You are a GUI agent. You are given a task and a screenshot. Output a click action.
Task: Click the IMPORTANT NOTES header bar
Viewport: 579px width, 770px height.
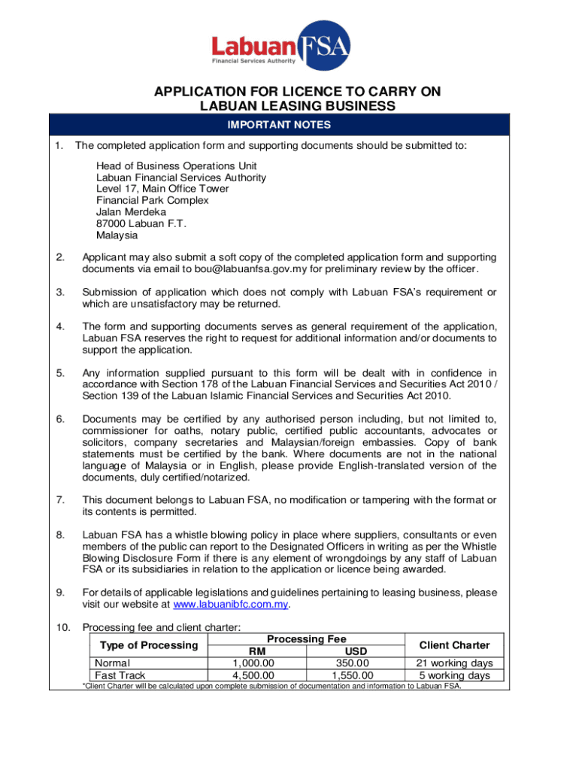coord(290,125)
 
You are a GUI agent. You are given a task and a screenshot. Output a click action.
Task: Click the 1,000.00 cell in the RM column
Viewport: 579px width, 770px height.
coord(253,662)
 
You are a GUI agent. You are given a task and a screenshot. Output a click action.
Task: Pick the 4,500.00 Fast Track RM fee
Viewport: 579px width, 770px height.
coord(253,675)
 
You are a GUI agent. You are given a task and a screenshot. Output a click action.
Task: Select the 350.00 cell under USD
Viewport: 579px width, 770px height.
coord(352,662)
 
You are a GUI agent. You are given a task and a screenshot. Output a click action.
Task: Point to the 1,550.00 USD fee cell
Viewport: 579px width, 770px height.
coord(352,675)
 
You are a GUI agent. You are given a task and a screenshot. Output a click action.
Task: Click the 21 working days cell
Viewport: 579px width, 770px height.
coord(454,662)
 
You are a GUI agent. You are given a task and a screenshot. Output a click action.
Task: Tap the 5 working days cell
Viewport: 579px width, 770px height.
coord(454,675)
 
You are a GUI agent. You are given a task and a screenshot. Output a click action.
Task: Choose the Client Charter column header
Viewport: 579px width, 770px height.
coord(454,644)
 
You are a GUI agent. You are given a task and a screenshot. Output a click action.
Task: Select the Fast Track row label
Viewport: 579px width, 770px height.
coord(120,675)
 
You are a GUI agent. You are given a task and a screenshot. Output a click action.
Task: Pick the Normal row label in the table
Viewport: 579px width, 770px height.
coord(112,662)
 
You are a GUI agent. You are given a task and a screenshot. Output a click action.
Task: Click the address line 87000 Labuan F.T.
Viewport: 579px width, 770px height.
coord(141,223)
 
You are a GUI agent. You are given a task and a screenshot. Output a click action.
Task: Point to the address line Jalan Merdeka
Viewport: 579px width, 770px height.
coord(131,212)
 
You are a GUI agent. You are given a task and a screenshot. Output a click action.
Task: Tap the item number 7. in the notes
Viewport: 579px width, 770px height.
coord(60,500)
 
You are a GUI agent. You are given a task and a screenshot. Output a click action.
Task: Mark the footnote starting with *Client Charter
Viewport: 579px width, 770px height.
coord(271,686)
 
